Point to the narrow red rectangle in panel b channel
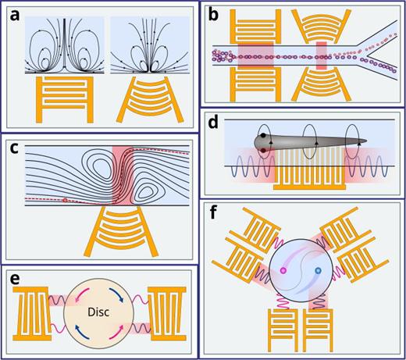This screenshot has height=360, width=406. coord(321,55)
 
